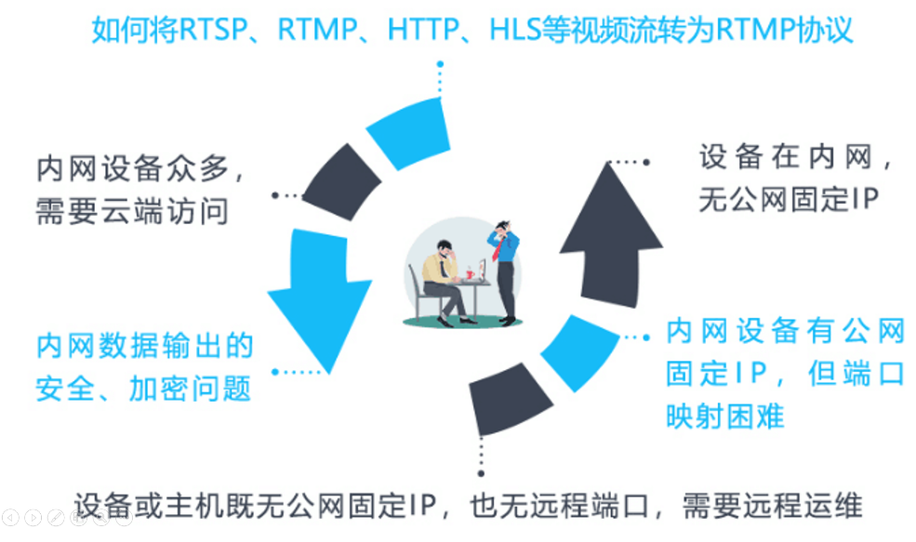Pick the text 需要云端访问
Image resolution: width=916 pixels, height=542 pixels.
(132, 212)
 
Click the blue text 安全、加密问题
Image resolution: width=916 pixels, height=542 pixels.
(144, 388)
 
